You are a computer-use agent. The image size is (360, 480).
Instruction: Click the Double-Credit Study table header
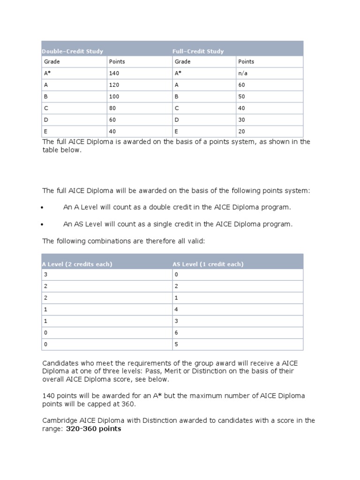pyautogui.click(x=73, y=51)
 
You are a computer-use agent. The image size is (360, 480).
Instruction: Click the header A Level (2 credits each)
pyautogui.click(x=77, y=264)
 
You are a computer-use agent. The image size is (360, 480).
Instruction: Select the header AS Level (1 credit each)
pyautogui.click(x=208, y=264)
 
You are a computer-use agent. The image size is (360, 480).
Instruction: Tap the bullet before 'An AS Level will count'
pyautogui.click(x=43, y=225)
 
